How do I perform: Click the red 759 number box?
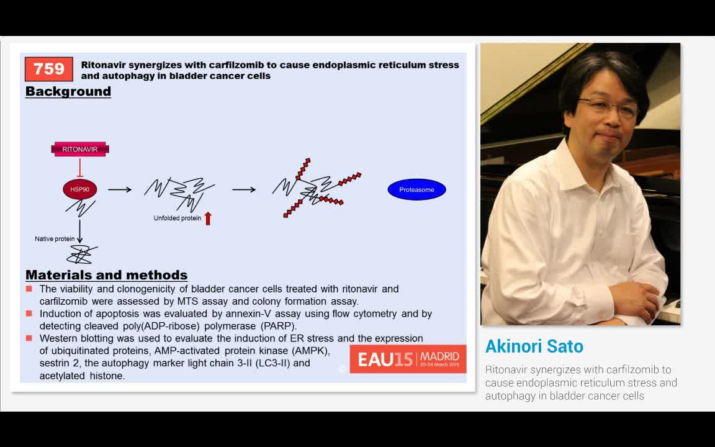click(49, 69)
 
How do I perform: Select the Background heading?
click(68, 91)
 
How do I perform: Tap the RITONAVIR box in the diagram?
click(80, 149)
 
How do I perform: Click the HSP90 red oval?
click(79, 189)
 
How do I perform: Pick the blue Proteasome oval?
click(416, 189)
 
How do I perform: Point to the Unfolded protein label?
click(178, 219)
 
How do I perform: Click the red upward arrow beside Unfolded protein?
click(208, 218)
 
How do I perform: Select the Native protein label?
click(55, 239)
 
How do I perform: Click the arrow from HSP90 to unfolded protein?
click(120, 189)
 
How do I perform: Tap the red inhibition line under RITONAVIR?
click(79, 168)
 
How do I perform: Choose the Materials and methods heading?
click(106, 275)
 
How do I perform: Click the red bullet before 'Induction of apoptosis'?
click(29, 314)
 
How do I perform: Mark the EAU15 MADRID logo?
click(408, 358)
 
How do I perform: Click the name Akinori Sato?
click(534, 346)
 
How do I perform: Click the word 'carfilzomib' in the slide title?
click(238, 65)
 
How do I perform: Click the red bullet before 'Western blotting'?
click(29, 338)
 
